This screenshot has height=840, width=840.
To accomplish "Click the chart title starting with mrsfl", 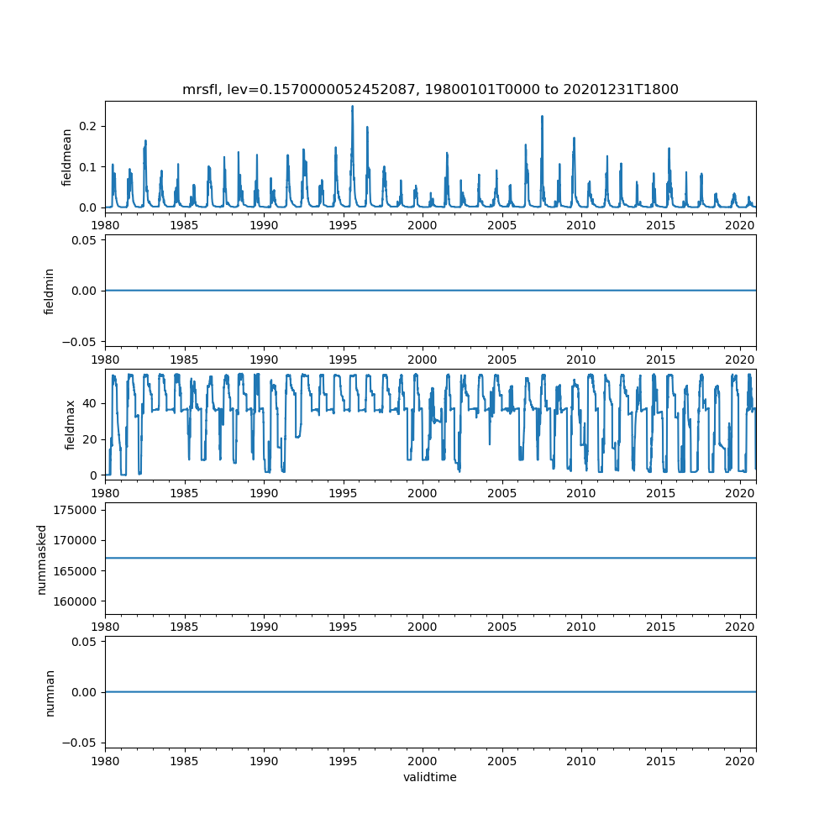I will [430, 89].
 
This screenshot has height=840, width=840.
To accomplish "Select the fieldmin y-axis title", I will [50, 291].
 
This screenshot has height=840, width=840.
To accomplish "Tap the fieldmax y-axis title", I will [71, 424].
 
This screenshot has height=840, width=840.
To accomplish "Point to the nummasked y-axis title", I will [41, 558].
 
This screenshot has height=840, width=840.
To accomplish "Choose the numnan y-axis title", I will [50, 691].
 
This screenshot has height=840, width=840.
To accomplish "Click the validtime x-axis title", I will [430, 777].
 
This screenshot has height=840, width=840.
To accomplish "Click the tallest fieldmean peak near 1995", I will [352, 107].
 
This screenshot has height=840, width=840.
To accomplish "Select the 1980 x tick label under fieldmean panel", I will [105, 225].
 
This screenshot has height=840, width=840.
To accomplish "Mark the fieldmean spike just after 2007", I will [542, 117].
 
